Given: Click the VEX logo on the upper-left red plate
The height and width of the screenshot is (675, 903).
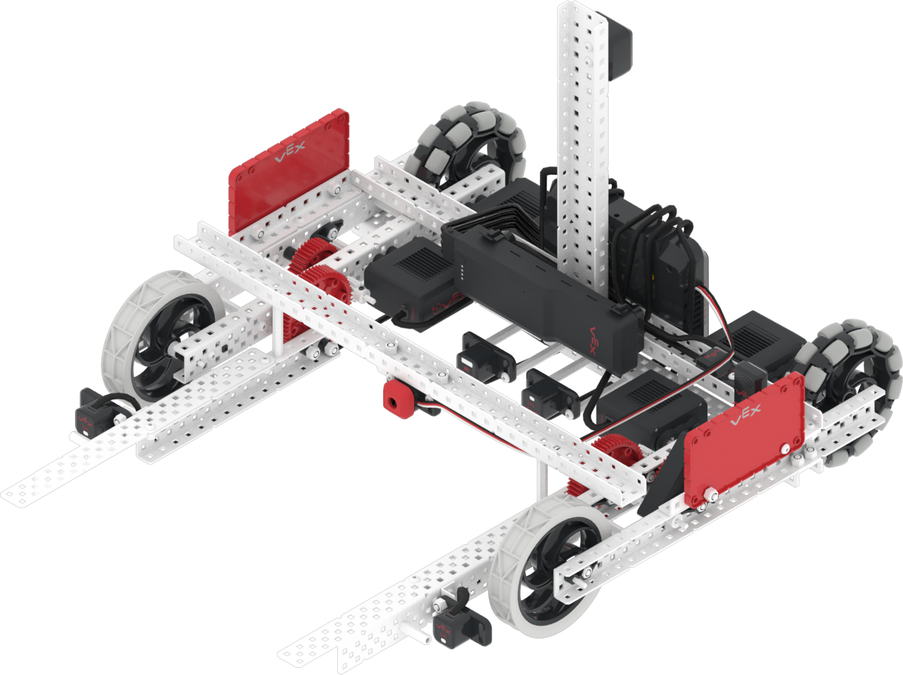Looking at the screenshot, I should click(290, 152).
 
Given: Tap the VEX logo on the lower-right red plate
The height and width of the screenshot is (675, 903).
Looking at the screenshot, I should click(745, 415).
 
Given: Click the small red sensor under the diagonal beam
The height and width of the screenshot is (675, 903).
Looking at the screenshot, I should click(395, 400).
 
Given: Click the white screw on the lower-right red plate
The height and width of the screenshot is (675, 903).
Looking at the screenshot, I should click(713, 495).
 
